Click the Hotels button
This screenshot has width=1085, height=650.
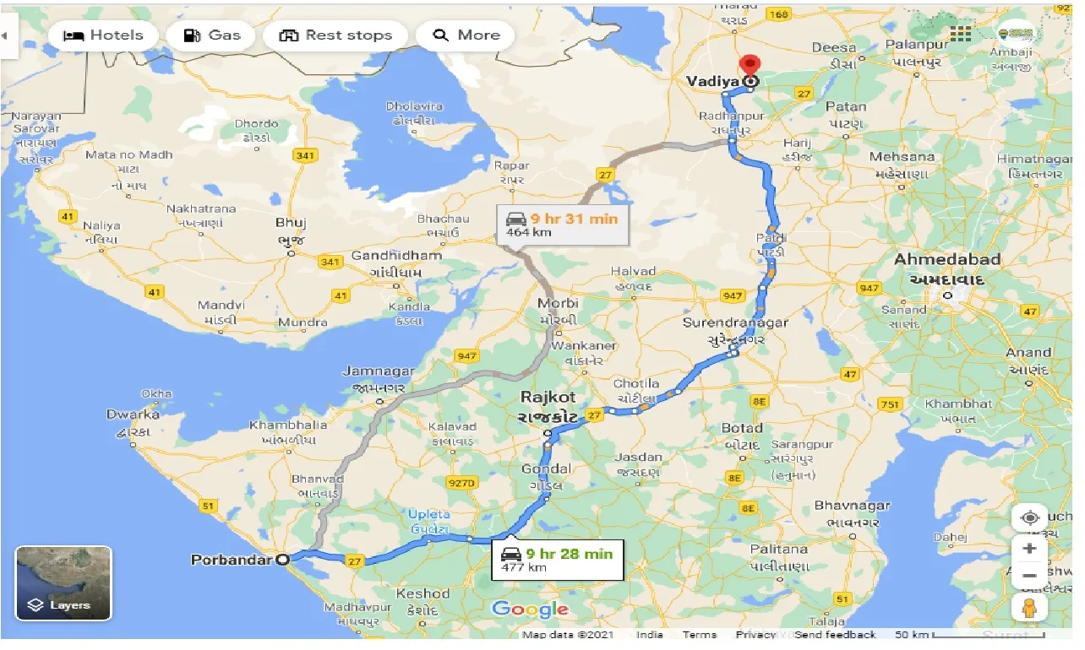[102, 35]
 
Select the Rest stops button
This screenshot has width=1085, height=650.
[335, 35]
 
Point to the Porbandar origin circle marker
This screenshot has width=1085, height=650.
[283, 559]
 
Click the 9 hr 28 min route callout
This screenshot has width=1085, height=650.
[558, 560]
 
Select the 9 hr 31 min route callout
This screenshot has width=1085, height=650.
[562, 224]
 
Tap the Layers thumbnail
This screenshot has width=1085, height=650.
[63, 583]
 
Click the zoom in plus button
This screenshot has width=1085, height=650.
[1029, 548]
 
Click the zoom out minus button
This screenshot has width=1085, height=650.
[1029, 577]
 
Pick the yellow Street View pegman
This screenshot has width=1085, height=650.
[1029, 607]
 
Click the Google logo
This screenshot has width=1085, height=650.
[530, 609]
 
